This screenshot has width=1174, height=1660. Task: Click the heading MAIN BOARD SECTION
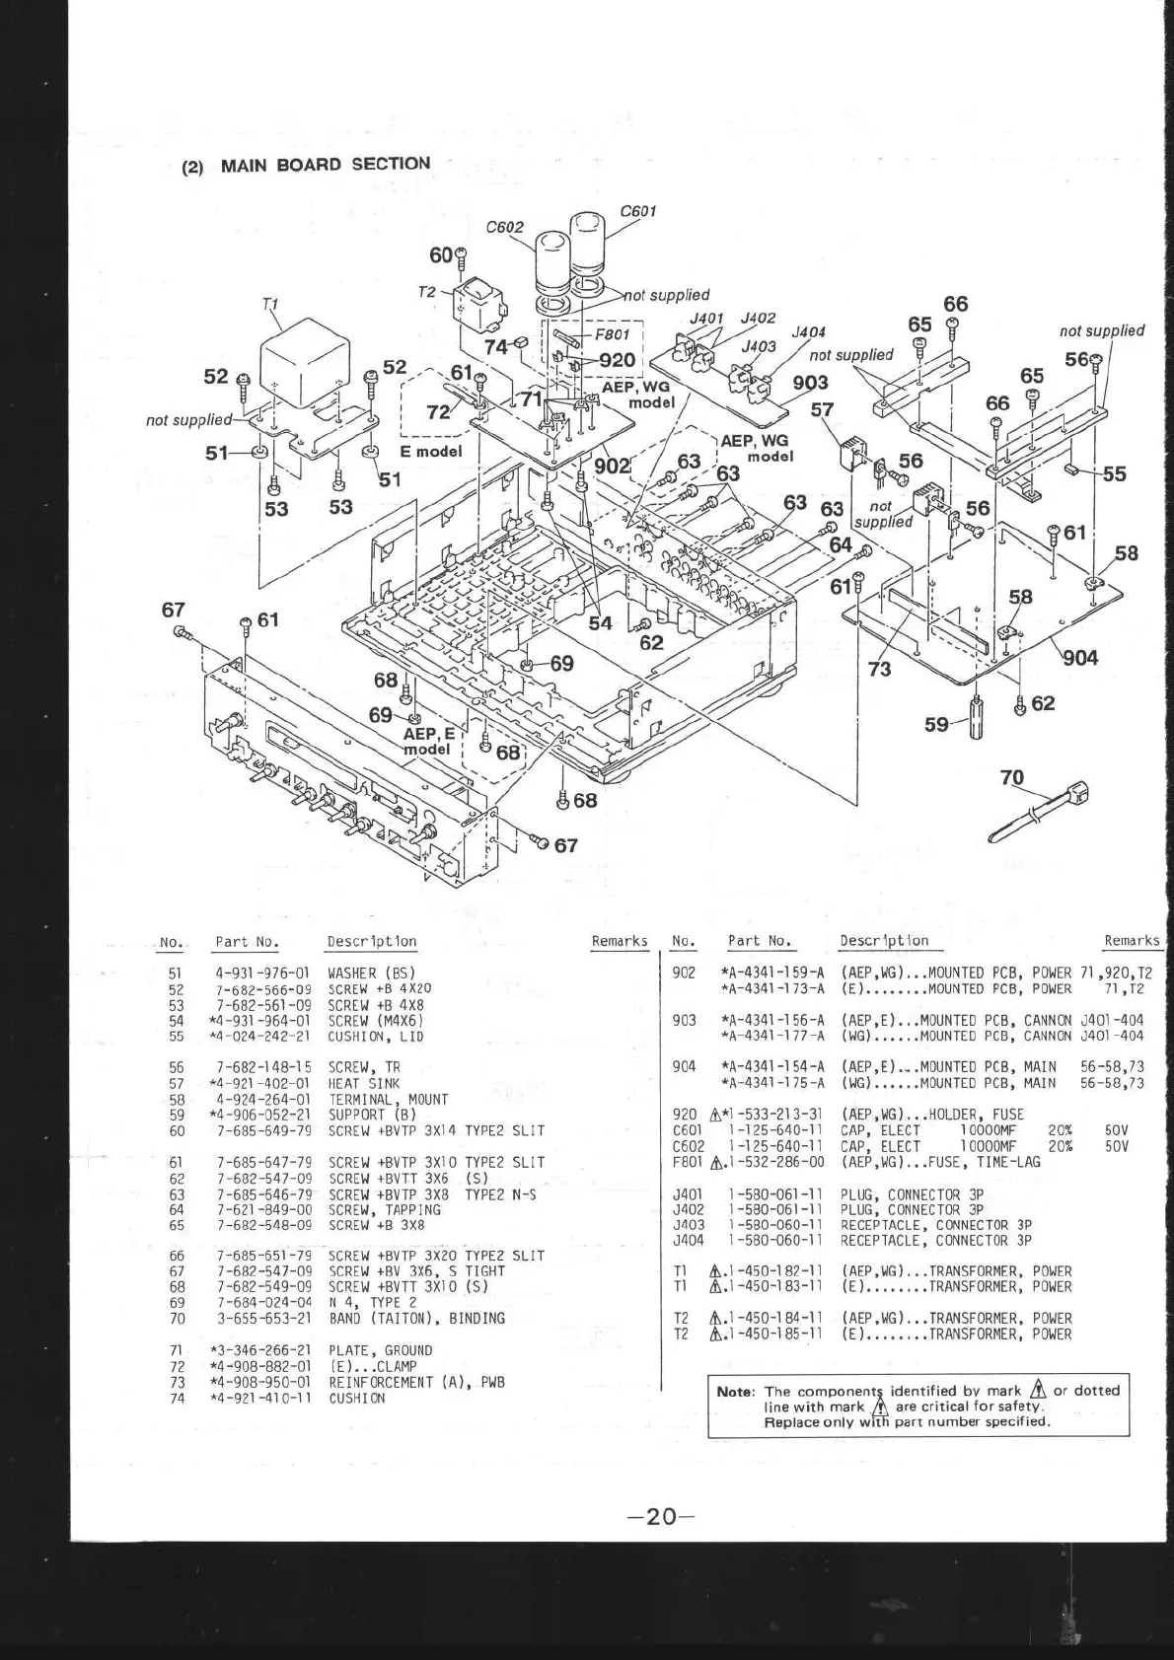pyautogui.click(x=325, y=164)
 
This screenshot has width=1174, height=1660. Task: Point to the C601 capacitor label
pyautogui.click(x=638, y=211)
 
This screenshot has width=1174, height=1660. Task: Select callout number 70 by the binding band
pyautogui.click(x=1012, y=777)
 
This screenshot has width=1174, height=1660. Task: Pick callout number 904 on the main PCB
pyautogui.click(x=1080, y=657)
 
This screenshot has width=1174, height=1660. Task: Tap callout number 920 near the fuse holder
pyautogui.click(x=618, y=360)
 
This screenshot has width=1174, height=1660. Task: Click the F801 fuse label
pyautogui.click(x=612, y=334)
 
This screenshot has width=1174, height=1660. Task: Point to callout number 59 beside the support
pyautogui.click(x=936, y=724)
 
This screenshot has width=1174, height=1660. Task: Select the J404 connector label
pyautogui.click(x=808, y=332)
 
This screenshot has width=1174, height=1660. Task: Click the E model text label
pyautogui.click(x=431, y=452)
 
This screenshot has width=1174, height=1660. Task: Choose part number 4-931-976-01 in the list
pyautogui.click(x=262, y=973)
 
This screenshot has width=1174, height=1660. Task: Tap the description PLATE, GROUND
pyautogui.click(x=380, y=1350)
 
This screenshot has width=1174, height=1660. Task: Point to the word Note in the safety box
pyautogui.click(x=735, y=1391)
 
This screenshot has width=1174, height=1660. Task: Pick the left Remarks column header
pyautogui.click(x=619, y=941)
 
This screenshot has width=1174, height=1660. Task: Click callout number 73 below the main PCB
pyautogui.click(x=879, y=669)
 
